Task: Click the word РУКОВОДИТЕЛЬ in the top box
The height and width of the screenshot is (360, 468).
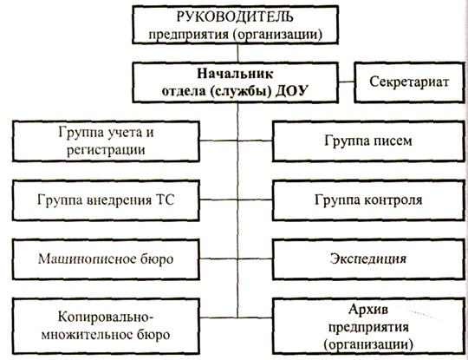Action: tap(235, 16)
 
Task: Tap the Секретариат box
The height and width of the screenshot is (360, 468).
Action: tap(409, 82)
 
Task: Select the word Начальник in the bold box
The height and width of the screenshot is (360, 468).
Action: tap(235, 74)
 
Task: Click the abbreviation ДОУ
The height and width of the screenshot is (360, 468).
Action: tap(291, 91)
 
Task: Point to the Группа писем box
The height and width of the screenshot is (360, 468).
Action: tap(368, 141)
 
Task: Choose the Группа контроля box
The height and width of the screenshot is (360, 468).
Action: tap(368, 200)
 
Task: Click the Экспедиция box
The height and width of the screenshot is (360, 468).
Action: tap(368, 259)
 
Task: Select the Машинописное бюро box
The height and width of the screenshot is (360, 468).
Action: tap(106, 259)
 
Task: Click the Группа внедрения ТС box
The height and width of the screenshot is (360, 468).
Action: tap(106, 200)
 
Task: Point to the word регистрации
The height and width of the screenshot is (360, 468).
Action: tap(106, 150)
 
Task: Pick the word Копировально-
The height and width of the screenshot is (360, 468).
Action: tap(106, 317)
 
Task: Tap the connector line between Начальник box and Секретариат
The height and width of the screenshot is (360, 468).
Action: tap(346, 82)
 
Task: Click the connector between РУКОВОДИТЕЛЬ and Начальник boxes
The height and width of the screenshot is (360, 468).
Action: tap(237, 53)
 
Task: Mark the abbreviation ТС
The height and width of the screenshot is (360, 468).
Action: tap(165, 200)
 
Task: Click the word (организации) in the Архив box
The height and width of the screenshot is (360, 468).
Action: tap(368, 344)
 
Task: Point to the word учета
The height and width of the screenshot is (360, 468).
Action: tap(120, 133)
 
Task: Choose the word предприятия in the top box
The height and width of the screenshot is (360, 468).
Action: tap(189, 35)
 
